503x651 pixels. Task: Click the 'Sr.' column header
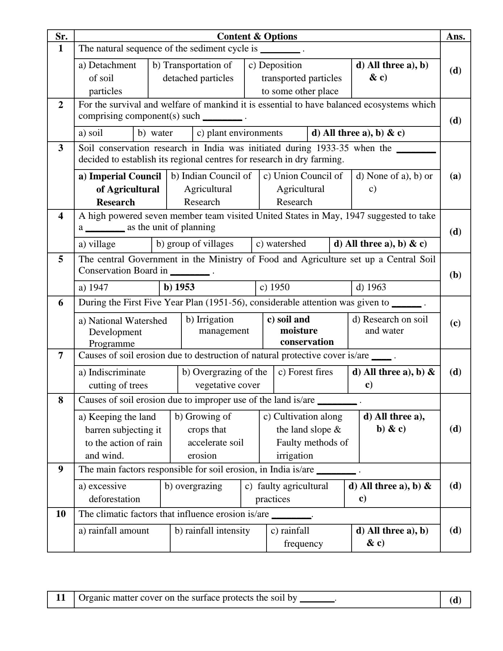[x=60, y=36]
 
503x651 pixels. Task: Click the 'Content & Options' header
[x=257, y=36]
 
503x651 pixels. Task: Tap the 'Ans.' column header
[x=455, y=36]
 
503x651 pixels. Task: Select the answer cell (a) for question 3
[x=455, y=176]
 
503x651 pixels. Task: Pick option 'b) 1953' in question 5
[x=179, y=287]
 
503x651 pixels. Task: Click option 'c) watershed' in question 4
[x=281, y=244]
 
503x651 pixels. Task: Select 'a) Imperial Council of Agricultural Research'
[x=120, y=189]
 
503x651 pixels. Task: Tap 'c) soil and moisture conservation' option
[x=300, y=330]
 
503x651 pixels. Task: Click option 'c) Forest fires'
[x=305, y=372]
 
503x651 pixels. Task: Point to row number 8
[x=60, y=400]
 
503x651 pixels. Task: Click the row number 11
[x=60, y=597]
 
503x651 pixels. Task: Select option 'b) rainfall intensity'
[x=212, y=531]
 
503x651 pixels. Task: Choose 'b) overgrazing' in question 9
[x=193, y=486]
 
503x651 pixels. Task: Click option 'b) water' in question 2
[x=155, y=133]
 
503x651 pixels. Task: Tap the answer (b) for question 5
[x=455, y=275]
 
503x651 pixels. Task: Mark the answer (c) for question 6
[x=455, y=323]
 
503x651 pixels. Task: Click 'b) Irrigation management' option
[x=217, y=325]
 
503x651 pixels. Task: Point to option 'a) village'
[x=97, y=244]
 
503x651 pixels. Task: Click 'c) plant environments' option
[x=239, y=133]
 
